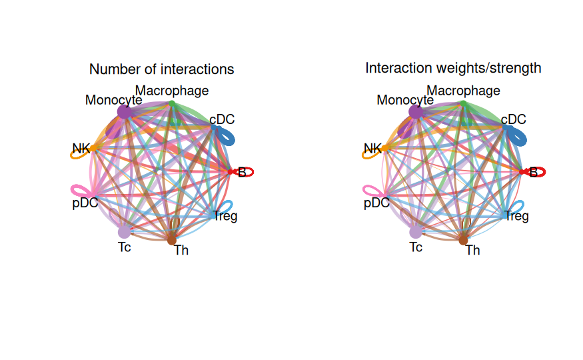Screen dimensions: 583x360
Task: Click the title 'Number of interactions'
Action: (x=161, y=69)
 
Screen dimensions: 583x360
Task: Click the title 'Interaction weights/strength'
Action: (x=453, y=69)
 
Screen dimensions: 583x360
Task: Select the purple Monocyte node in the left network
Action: (x=124, y=111)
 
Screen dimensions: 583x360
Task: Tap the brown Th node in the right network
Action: (x=463, y=240)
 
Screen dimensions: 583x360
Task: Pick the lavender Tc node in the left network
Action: (x=124, y=232)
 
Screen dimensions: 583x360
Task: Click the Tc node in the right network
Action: (x=416, y=232)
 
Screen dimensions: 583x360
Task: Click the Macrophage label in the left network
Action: (x=172, y=91)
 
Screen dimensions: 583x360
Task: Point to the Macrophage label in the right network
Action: (x=463, y=91)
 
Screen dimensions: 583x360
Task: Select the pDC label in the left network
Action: (x=85, y=203)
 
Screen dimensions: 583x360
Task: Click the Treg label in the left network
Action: (x=225, y=216)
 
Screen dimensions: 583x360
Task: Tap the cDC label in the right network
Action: (x=514, y=119)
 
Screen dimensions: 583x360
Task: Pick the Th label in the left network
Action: (x=181, y=250)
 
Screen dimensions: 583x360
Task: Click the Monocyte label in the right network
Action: (x=405, y=100)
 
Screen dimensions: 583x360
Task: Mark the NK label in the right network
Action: (x=372, y=149)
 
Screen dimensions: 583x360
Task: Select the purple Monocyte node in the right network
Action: (x=416, y=111)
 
